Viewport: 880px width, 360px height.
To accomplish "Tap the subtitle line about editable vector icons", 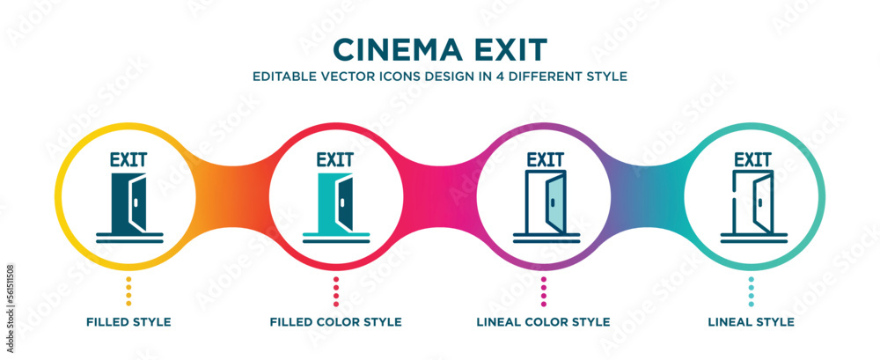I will [x=439, y=76].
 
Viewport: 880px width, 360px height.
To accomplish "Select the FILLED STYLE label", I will [x=128, y=322].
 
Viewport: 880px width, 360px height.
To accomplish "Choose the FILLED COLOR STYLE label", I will [x=335, y=322].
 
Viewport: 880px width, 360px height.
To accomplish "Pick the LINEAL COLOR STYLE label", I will [x=543, y=322].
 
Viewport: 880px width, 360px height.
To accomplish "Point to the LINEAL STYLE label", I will [x=751, y=322].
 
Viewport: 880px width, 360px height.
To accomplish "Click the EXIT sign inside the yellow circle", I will [x=128, y=160].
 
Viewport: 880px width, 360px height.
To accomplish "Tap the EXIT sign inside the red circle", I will [x=335, y=160].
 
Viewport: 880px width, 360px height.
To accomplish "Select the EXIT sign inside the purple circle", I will [x=544, y=160].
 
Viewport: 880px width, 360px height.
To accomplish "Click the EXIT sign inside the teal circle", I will [x=752, y=160].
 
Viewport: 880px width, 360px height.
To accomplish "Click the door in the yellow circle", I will [x=128, y=202].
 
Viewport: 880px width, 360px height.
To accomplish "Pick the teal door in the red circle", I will [x=336, y=202].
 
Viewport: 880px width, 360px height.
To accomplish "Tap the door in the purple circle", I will [x=544, y=202].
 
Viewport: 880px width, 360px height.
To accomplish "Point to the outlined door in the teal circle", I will [x=752, y=202].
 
